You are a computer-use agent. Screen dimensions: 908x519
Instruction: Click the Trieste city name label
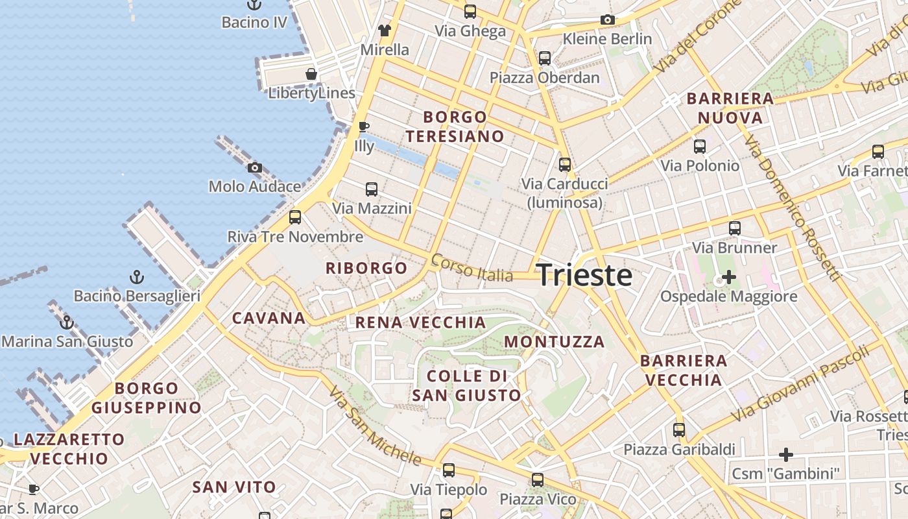[584, 276]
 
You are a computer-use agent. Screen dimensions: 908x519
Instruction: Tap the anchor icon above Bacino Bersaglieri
[136, 278]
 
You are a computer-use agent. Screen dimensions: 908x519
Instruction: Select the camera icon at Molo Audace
[255, 168]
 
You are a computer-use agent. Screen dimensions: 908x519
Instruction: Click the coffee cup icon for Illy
[364, 127]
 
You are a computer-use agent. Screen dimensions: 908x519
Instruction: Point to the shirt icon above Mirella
[385, 30]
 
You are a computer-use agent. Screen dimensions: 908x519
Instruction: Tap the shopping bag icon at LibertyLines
[311, 74]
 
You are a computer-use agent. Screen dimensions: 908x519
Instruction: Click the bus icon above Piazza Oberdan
[545, 58]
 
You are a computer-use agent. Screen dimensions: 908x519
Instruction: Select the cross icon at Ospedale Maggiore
[729, 278]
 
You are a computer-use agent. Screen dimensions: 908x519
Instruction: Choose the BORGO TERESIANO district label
[463, 127]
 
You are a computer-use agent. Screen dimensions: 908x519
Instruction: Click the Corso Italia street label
[472, 268]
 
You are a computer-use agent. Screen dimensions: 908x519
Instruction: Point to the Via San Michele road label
[374, 426]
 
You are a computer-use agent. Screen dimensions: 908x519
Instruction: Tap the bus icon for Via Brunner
[735, 228]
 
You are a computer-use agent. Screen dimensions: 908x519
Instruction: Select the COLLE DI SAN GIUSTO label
[466, 385]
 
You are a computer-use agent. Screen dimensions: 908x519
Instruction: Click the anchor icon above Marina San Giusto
[66, 322]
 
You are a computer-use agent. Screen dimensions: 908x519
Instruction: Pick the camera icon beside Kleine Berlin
[608, 20]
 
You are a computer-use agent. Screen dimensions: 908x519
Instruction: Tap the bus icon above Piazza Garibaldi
[679, 430]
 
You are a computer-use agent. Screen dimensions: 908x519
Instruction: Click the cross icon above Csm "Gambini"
[786, 455]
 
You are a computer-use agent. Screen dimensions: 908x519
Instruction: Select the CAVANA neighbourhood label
[269, 318]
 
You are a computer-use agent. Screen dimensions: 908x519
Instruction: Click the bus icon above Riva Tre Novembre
[295, 217]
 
